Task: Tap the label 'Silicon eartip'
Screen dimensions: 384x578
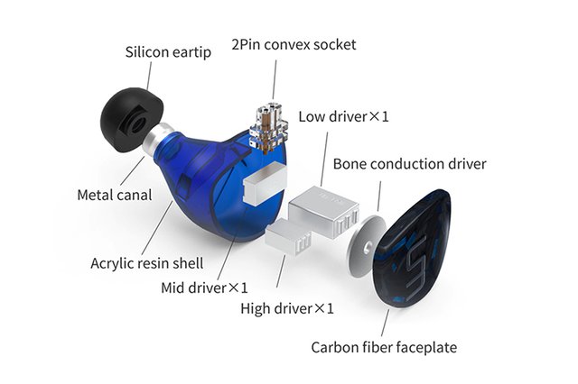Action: pos(168,51)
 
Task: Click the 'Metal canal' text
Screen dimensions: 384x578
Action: pos(114,194)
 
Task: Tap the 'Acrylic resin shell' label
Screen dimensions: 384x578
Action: pos(146,264)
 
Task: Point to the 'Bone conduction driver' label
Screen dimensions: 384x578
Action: pos(409,164)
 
